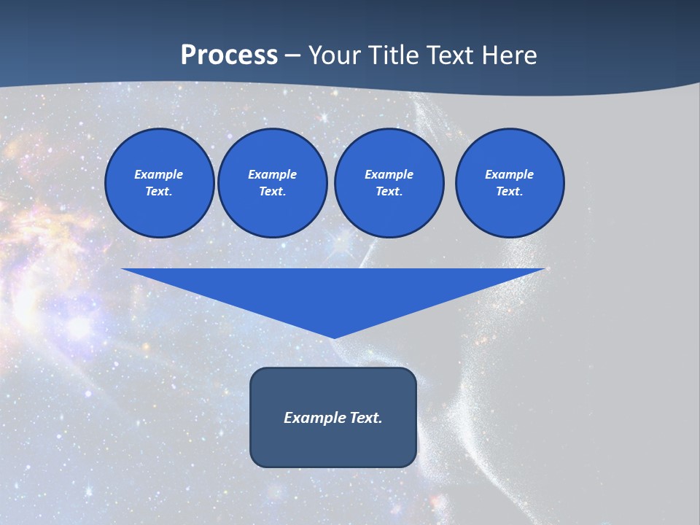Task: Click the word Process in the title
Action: click(229, 55)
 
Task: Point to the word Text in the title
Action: click(452, 55)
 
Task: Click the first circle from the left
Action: click(160, 183)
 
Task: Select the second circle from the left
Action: click(273, 183)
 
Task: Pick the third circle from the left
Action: click(389, 183)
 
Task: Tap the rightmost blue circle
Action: click(510, 183)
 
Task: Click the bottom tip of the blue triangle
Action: click(334, 336)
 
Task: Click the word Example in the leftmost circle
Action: click(159, 174)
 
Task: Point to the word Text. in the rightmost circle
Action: click(510, 192)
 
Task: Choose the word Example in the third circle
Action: click(389, 174)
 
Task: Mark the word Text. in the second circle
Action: click(273, 192)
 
